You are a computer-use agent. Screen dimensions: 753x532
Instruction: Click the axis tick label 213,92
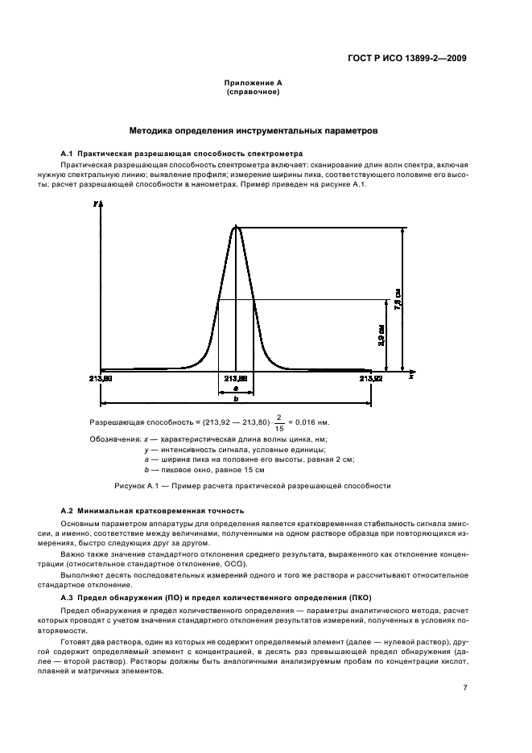tap(371, 376)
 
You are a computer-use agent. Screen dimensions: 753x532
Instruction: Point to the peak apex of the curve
tap(236, 227)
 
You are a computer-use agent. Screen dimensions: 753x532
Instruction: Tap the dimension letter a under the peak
tap(235, 387)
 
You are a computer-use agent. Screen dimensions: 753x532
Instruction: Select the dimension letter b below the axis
tap(235, 398)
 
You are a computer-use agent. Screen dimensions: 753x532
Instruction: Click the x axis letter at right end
tap(410, 376)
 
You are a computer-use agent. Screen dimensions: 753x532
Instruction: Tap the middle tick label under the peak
tap(235, 376)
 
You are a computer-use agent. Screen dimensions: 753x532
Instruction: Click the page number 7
tap(464, 688)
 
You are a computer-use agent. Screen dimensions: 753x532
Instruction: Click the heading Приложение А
tap(252, 83)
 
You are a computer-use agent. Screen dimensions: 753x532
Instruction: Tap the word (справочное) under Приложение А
tap(252, 92)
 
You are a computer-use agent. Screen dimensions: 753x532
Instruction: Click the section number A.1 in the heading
tap(68, 153)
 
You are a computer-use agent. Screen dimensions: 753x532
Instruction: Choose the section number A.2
tap(68, 511)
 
